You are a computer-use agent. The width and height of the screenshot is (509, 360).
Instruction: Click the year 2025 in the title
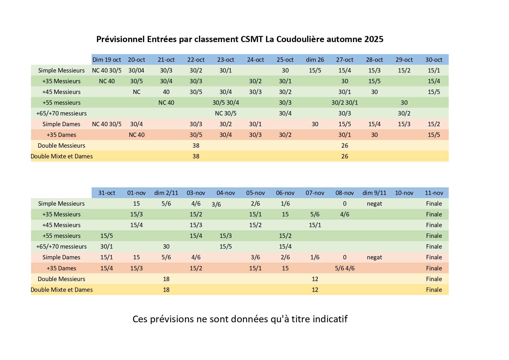click(x=374, y=39)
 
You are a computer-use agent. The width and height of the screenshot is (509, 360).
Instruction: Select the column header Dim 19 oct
click(x=107, y=60)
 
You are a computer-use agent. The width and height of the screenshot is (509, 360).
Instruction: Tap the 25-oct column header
click(x=285, y=60)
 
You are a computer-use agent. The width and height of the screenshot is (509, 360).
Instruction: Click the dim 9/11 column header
click(x=374, y=193)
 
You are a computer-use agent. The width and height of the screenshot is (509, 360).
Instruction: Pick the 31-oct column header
click(x=107, y=193)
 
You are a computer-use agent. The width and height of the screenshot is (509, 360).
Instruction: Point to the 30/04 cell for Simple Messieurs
click(x=136, y=70)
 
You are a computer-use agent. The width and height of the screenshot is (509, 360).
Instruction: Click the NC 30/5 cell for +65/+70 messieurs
click(x=226, y=113)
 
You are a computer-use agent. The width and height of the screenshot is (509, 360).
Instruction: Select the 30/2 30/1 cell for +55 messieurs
click(x=345, y=103)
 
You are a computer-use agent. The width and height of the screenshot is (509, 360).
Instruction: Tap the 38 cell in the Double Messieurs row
click(x=196, y=146)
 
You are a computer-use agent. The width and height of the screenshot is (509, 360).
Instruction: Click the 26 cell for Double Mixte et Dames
click(x=345, y=156)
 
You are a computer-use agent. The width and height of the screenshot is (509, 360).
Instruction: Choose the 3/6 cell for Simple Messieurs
click(x=216, y=205)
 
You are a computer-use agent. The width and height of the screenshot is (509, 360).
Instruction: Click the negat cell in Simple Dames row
click(x=374, y=257)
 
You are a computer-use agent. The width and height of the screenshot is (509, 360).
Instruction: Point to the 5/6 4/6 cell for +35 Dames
click(x=345, y=268)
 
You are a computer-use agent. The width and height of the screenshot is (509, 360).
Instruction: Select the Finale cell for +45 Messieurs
click(x=434, y=225)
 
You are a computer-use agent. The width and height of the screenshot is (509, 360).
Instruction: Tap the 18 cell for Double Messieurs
click(x=166, y=279)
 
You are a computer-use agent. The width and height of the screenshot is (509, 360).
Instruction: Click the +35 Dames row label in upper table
click(x=61, y=135)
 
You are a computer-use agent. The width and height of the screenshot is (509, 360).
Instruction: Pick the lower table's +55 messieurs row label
click(x=61, y=236)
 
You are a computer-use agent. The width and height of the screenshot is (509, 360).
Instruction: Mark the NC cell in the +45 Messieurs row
click(x=136, y=92)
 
